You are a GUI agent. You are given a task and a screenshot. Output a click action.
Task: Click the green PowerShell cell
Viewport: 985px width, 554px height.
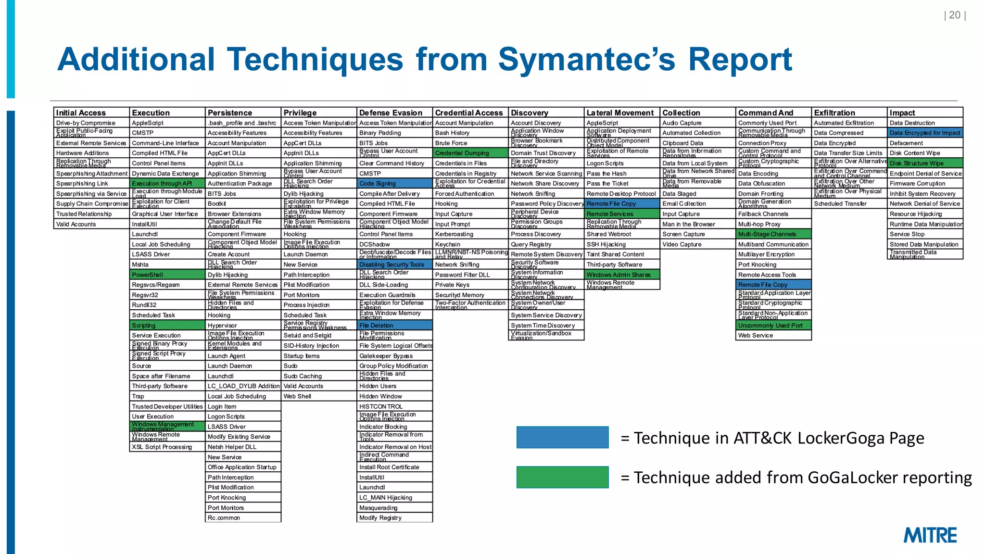[x=167, y=275]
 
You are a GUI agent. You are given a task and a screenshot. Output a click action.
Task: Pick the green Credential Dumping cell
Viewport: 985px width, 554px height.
[x=470, y=153]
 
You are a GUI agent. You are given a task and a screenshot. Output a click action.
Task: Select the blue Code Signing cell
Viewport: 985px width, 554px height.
[x=394, y=183]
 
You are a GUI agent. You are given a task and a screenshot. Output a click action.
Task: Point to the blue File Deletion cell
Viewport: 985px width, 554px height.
[x=394, y=326]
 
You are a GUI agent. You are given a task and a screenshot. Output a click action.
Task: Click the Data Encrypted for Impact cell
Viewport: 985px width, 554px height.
[x=925, y=133]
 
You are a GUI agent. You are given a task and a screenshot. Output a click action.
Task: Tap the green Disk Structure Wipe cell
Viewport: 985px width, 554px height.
[x=925, y=163]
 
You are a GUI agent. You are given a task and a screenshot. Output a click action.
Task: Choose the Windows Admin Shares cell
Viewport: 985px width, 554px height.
[x=622, y=275]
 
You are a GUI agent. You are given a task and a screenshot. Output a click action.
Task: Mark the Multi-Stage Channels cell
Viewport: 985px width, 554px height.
[x=773, y=234]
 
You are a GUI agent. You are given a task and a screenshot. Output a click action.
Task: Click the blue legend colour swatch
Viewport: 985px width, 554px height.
[x=562, y=438]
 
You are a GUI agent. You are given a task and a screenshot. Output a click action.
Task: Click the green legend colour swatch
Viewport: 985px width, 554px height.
[x=562, y=477]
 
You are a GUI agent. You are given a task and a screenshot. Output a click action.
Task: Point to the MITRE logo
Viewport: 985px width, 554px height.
[x=930, y=535]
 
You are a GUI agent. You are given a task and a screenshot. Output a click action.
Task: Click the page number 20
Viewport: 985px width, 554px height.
[x=955, y=15]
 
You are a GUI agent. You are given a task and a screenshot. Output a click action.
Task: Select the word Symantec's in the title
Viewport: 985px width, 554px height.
[x=587, y=60]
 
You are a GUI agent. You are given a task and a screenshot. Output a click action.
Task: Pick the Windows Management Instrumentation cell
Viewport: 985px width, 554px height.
[x=167, y=427]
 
